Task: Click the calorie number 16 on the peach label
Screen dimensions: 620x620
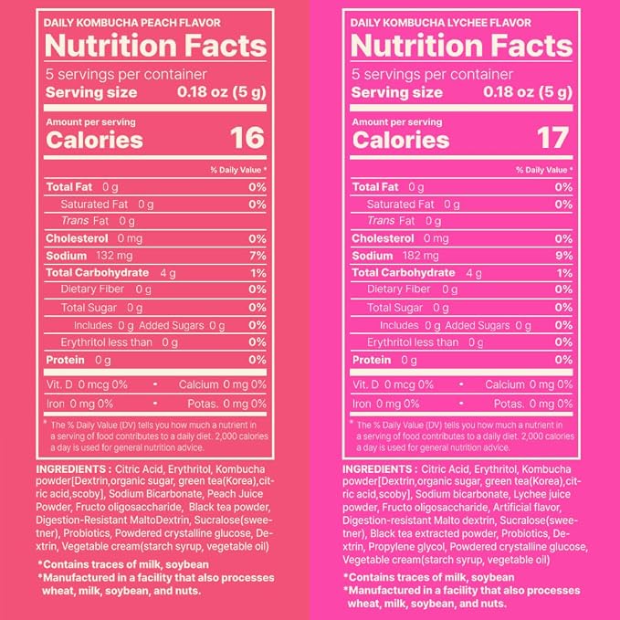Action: coord(247,138)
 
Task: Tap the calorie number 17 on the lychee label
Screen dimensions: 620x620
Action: coord(552,138)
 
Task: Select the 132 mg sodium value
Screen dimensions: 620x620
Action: coord(114,256)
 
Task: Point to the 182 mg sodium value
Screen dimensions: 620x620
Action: coord(421,256)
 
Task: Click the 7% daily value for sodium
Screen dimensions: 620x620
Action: coord(257,256)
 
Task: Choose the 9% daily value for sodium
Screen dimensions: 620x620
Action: coord(564,256)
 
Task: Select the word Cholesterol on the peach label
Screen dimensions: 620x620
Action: coord(77,238)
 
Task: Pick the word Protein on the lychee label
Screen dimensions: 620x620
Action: coord(372,360)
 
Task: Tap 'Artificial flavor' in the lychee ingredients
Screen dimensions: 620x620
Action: coord(527,507)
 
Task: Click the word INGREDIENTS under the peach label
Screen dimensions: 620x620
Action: coord(71,469)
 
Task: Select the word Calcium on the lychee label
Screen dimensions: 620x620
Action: coord(505,384)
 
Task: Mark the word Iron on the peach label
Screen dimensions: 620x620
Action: coord(56,404)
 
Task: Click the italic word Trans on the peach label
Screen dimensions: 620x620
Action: coord(75,221)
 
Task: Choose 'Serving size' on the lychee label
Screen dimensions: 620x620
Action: coord(396,92)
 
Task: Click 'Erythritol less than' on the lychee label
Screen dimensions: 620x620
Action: coord(413,342)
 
